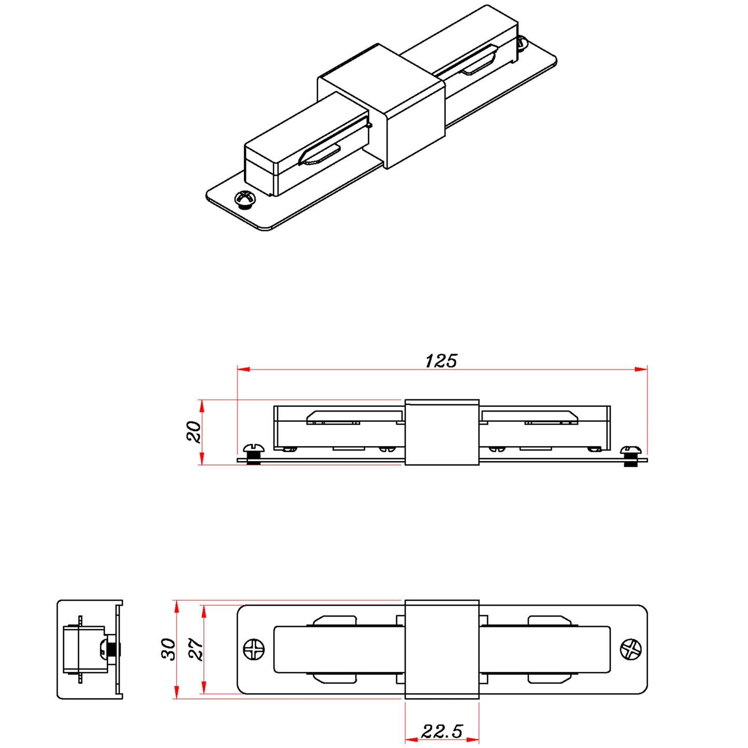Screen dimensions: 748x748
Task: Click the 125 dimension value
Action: tap(441, 361)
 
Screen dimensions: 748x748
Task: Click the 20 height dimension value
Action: tap(194, 432)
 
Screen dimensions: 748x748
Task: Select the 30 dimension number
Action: tap(168, 649)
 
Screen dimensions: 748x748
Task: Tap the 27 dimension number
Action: tap(196, 649)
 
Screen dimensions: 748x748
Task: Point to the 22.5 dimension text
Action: tap(442, 731)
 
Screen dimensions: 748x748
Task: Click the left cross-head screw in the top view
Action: tap(254, 650)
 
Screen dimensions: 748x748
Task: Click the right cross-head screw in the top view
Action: tap(630, 650)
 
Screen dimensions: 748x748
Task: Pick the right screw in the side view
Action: tap(630, 454)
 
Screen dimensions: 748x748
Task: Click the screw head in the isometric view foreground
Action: tap(245, 199)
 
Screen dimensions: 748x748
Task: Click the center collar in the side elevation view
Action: tap(442, 432)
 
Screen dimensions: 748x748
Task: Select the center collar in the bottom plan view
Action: tap(442, 650)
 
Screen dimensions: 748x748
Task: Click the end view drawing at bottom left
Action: tap(90, 650)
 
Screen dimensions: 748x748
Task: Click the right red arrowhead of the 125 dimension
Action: tap(641, 369)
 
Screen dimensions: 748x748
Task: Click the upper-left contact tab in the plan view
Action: tap(335, 620)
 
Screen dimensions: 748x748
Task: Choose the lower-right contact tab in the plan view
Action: tap(549, 678)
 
